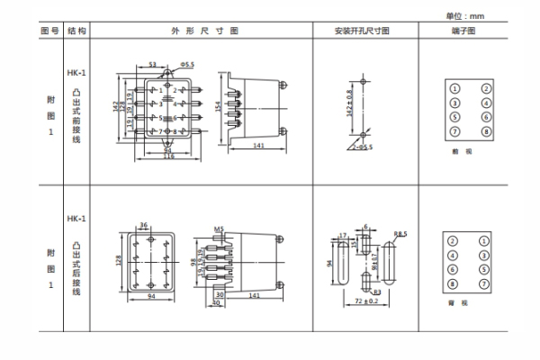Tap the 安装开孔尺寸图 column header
pyautogui.click(x=362, y=31)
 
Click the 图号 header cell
pyautogui.click(x=50, y=31)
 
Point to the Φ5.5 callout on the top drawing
pyautogui.click(x=187, y=65)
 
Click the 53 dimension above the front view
pyautogui.click(x=152, y=65)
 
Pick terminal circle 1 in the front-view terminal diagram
pyautogui.click(x=455, y=88)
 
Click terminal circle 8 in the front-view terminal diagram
pyautogui.click(x=486, y=131)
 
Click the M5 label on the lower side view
pyautogui.click(x=219, y=229)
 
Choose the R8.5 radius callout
pyautogui.click(x=401, y=233)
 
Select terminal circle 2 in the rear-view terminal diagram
pyautogui.click(x=455, y=240)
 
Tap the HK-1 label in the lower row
pyautogui.click(x=76, y=219)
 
